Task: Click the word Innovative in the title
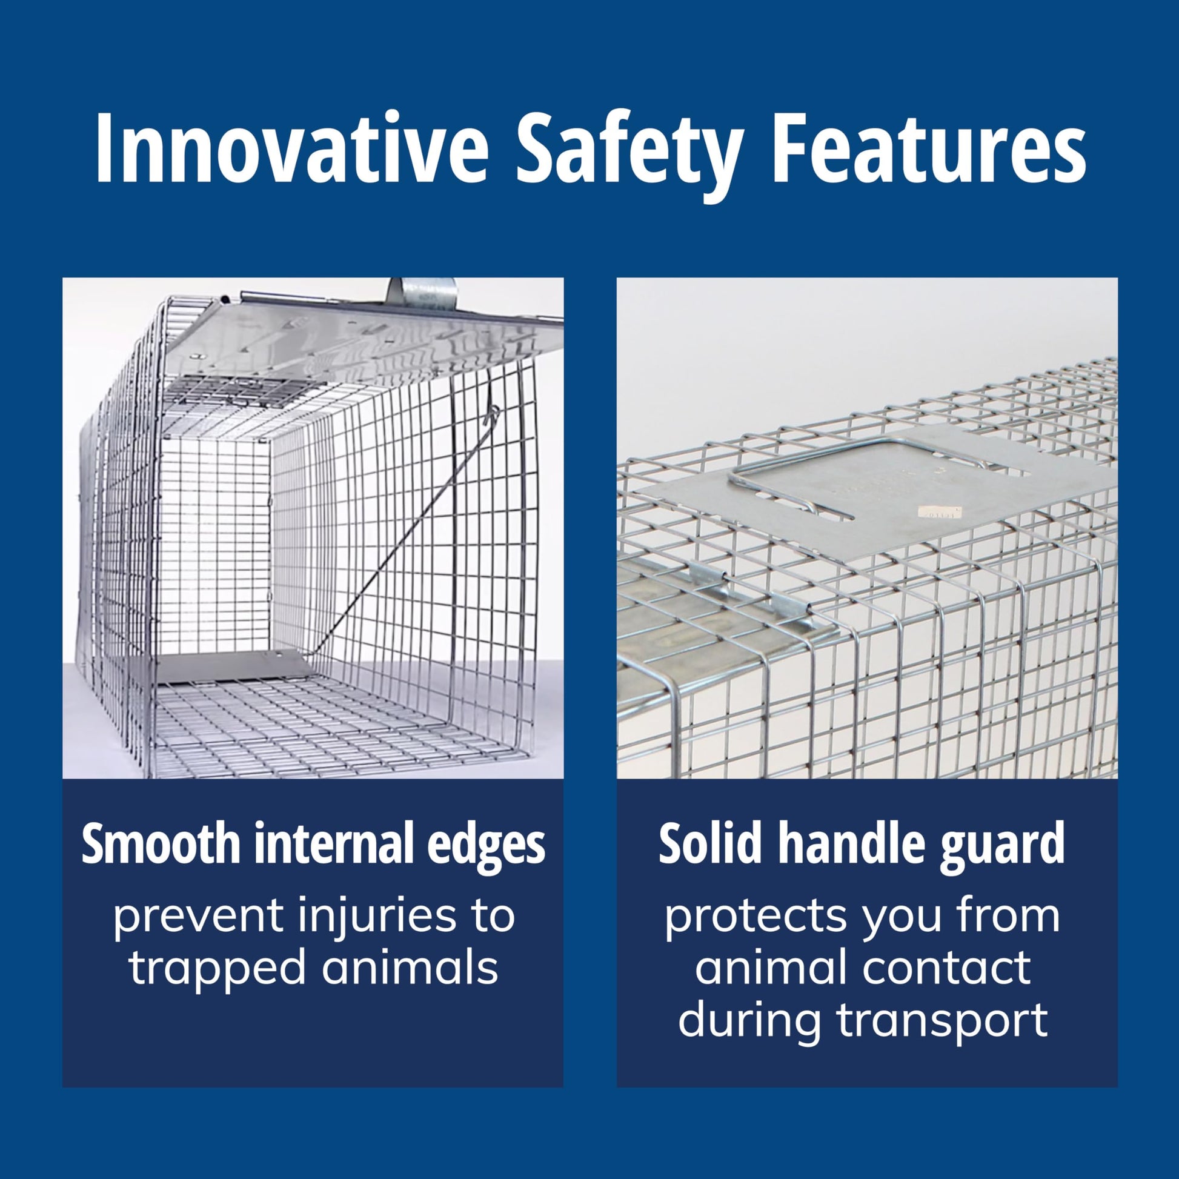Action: tap(291, 150)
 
